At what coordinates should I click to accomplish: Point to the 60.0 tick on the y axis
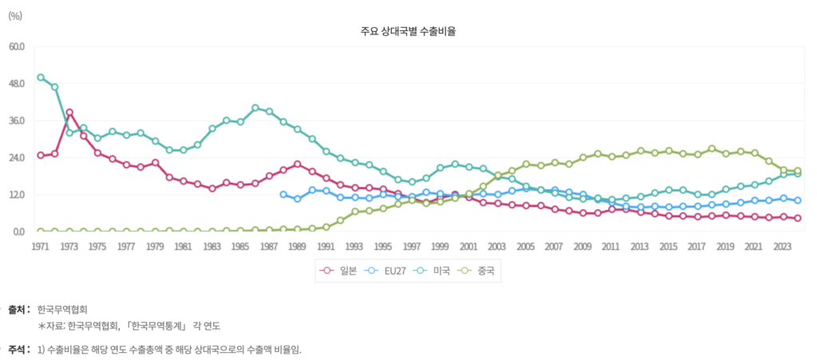click(16, 46)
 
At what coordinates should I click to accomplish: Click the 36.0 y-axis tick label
click(16, 121)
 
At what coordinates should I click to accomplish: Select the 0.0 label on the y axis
click(18, 231)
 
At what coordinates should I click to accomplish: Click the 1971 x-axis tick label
click(40, 247)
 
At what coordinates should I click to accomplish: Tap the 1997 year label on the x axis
click(412, 247)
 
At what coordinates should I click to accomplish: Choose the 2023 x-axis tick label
click(783, 247)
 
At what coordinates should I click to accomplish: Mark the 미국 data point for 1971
click(41, 77)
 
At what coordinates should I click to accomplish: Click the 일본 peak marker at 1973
click(69, 113)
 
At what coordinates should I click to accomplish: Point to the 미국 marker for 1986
click(255, 108)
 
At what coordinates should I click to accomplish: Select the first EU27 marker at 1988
click(283, 194)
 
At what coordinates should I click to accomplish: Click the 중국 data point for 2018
click(712, 148)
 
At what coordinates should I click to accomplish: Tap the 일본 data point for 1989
click(298, 164)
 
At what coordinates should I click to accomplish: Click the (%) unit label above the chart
click(14, 14)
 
